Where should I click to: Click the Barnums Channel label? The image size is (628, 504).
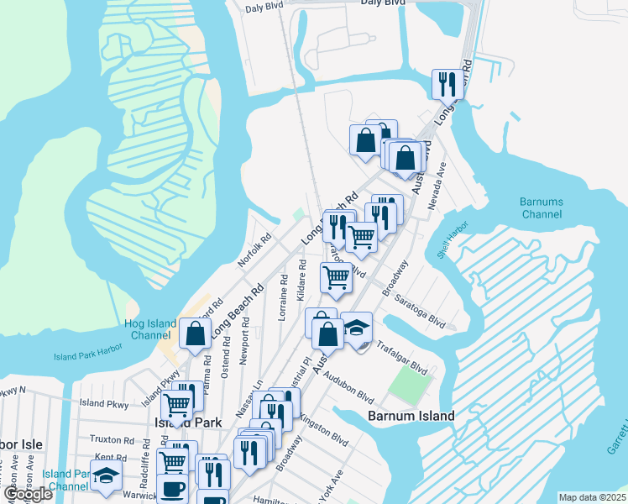point(540,208)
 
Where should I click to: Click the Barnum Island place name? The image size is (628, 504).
point(411,416)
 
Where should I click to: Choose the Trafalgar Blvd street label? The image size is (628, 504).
point(402,357)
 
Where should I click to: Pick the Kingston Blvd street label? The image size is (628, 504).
point(323,428)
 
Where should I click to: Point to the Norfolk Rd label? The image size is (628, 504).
point(254,250)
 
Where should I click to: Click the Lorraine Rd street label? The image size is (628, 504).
point(283,296)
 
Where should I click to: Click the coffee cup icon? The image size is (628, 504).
point(173,488)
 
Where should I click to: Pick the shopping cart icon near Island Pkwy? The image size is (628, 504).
point(176,405)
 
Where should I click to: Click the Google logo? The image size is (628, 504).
point(28,494)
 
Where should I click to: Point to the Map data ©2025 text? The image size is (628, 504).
point(591,497)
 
